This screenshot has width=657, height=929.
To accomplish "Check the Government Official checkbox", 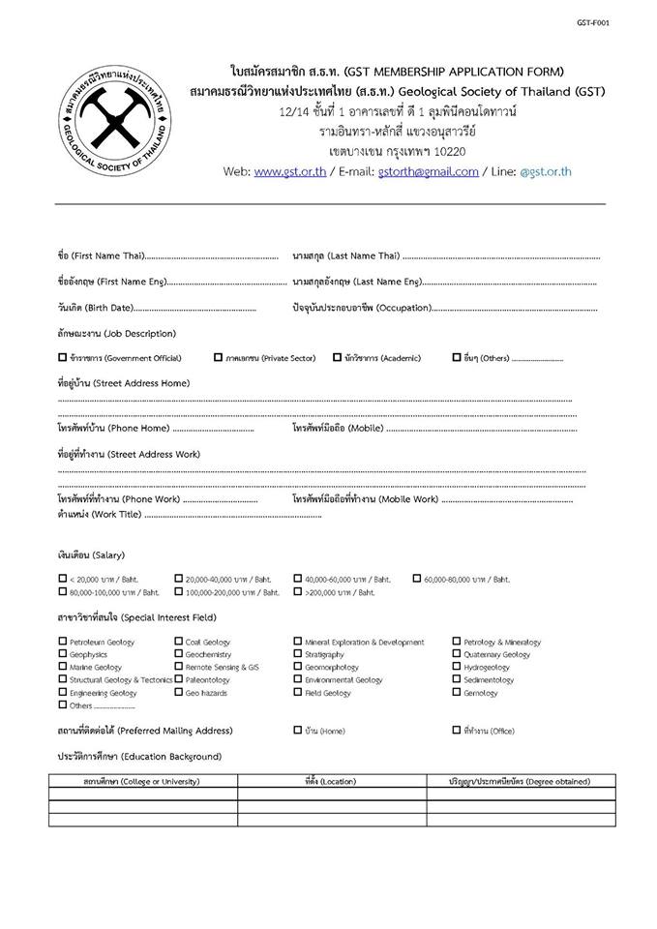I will [63, 357].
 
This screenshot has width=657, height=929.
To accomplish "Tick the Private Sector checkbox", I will [219, 357].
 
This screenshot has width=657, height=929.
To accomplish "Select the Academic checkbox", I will [337, 357].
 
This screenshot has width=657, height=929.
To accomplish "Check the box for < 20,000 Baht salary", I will [63, 579].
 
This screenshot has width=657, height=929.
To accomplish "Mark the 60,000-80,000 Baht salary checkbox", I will [417, 579].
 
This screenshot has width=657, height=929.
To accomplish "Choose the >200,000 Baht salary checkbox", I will [298, 591].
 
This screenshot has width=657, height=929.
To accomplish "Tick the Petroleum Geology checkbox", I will [63, 641].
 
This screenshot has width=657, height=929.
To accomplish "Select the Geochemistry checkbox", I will [179, 653].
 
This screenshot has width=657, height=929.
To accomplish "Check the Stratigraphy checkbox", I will [298, 653].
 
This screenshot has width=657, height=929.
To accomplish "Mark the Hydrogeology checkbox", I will [457, 667].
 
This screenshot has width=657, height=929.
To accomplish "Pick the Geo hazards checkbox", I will [179, 692].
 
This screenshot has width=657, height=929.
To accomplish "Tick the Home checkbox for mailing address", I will [298, 731].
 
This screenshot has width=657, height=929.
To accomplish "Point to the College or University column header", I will [142, 780].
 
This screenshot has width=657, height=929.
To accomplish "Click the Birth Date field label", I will [95, 308].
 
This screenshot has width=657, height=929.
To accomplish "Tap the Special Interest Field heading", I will [136, 616].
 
